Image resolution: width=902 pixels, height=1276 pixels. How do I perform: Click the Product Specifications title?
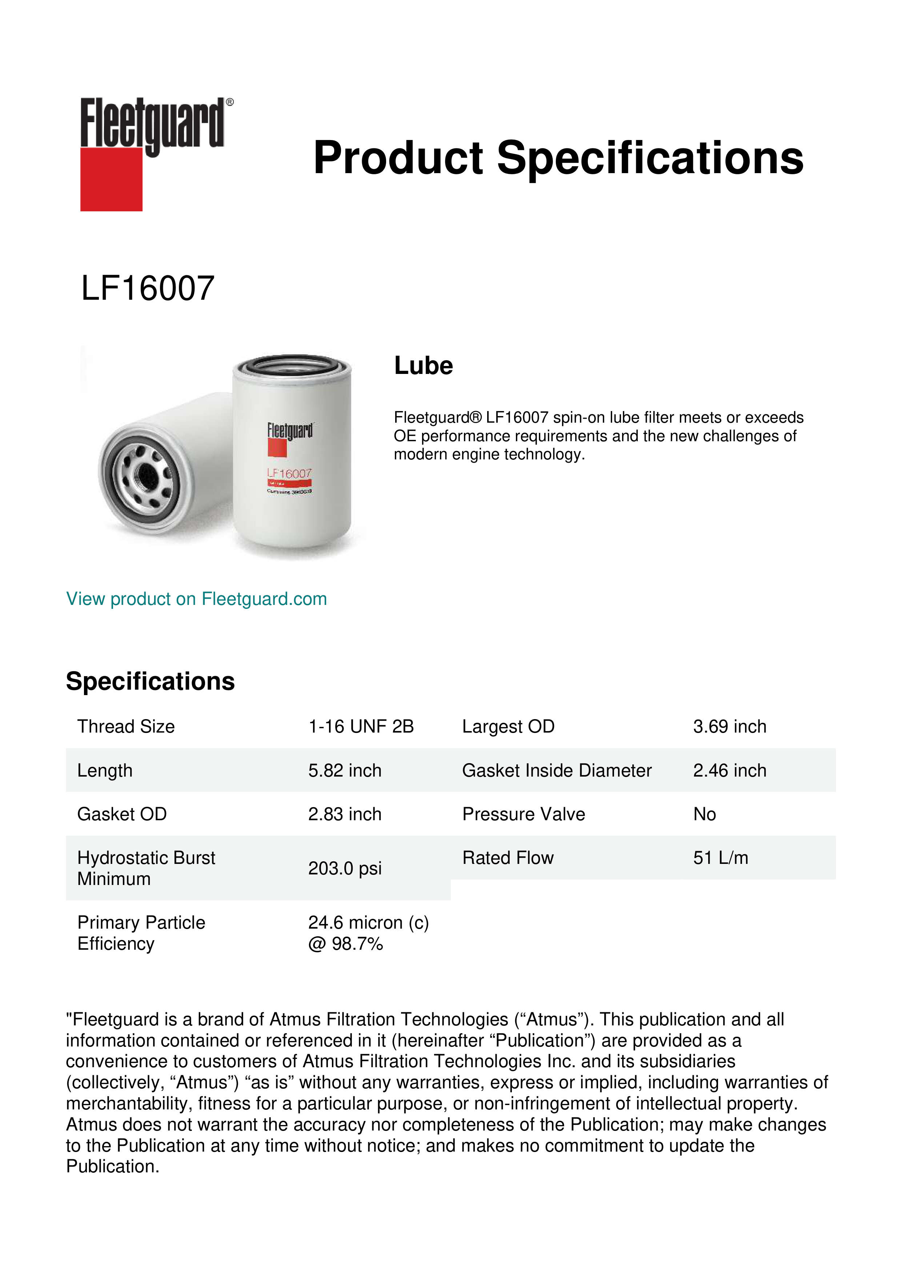click(x=558, y=158)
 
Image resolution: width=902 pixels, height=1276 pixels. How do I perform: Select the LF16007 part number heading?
click(x=148, y=288)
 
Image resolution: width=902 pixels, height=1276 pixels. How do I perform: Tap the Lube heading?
click(x=423, y=366)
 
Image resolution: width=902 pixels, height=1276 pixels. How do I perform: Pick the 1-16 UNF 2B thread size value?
click(x=361, y=726)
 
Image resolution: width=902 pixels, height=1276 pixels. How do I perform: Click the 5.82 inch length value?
click(x=345, y=770)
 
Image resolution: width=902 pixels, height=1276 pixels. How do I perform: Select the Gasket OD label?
click(x=122, y=814)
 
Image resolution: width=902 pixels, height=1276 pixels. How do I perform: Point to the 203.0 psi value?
click(x=345, y=868)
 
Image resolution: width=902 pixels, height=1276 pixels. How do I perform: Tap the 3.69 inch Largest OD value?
click(x=729, y=726)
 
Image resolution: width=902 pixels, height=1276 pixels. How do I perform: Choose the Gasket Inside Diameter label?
click(x=557, y=770)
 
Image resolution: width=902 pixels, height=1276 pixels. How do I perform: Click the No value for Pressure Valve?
click(x=704, y=814)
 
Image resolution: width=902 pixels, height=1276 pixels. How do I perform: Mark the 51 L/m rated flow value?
click(x=720, y=858)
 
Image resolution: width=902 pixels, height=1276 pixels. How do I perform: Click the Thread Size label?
click(x=126, y=726)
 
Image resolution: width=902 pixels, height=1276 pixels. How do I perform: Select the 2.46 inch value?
click(x=729, y=770)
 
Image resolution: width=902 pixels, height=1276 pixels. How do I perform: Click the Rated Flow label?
click(x=508, y=858)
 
